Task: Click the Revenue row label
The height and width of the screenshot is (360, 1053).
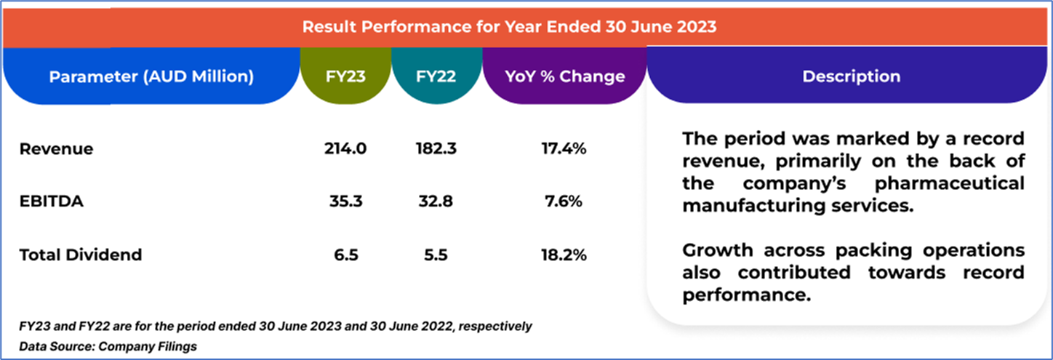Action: pos(56,149)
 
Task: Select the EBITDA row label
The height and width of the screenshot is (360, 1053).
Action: pos(51,201)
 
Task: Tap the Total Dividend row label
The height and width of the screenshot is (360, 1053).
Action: pos(80,255)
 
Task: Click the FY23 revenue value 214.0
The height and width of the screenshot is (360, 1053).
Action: pos(346,149)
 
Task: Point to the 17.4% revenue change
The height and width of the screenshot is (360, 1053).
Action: pos(563,149)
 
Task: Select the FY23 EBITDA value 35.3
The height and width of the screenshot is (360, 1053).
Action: pos(346,201)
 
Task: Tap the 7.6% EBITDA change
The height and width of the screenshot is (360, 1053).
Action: pos(563,201)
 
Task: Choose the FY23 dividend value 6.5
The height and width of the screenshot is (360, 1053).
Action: pos(346,255)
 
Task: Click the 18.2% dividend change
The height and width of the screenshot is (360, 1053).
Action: pos(563,255)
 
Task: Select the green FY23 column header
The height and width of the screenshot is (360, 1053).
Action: pos(346,76)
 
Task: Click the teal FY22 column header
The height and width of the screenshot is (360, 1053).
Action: pos(436,76)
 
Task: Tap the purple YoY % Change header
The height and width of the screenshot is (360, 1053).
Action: pos(564,76)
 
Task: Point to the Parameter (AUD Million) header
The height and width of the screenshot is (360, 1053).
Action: pos(151,76)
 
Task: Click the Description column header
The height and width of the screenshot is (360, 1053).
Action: pos(851,76)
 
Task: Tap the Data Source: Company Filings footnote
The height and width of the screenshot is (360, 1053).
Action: pos(108,346)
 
